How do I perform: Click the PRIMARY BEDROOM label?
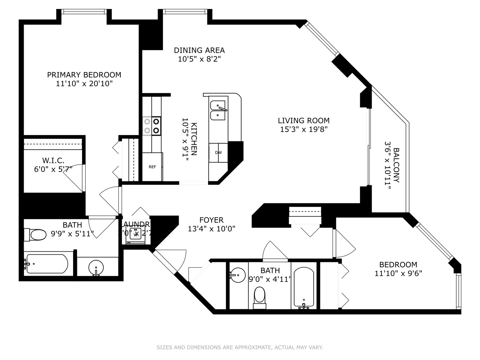pyautogui.click(x=84, y=75)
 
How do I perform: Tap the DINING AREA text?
pyautogui.click(x=199, y=50)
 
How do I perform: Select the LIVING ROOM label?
pyautogui.click(x=304, y=121)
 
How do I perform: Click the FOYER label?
pyautogui.click(x=211, y=220)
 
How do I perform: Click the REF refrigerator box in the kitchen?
pyautogui.click(x=152, y=167)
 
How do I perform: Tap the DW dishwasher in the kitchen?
pyautogui.click(x=218, y=153)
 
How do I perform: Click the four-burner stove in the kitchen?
pyautogui.click(x=152, y=126)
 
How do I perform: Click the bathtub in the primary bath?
pyautogui.click(x=47, y=264)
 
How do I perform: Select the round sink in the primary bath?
pyautogui.click(x=96, y=267)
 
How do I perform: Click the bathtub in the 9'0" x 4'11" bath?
pyautogui.click(x=303, y=287)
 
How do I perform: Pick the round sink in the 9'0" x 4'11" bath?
pyautogui.click(x=238, y=275)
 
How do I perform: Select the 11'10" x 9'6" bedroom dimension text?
pyautogui.click(x=398, y=273)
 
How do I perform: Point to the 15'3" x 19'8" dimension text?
pyautogui.click(x=304, y=129)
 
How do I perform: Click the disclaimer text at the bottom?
pyautogui.click(x=240, y=347)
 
